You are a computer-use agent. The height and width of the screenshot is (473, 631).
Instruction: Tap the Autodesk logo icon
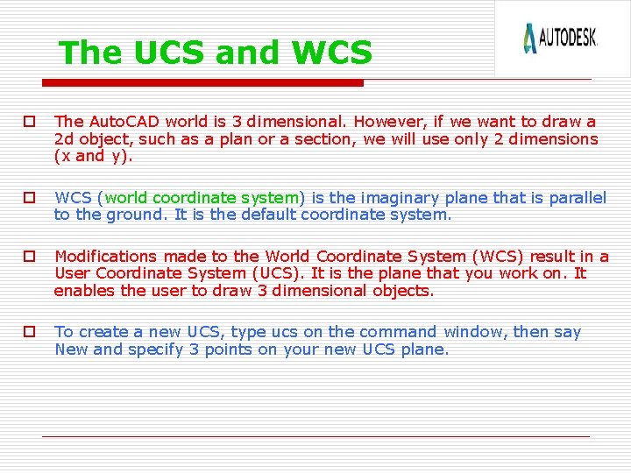click(529, 39)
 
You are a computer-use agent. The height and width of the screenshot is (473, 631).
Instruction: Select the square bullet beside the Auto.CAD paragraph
click(29, 122)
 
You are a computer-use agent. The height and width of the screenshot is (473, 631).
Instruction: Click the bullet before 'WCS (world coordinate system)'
click(29, 198)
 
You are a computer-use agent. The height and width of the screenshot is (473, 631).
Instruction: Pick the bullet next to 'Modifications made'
click(29, 257)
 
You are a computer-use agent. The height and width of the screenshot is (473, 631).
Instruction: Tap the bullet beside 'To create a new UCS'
click(29, 332)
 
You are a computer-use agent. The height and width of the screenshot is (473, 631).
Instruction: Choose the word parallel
click(576, 198)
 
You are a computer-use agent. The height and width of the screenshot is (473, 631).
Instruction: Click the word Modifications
click(106, 257)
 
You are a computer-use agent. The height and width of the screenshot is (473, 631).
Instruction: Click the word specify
click(160, 349)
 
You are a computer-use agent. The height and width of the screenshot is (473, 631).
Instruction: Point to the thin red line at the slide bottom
click(315, 436)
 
